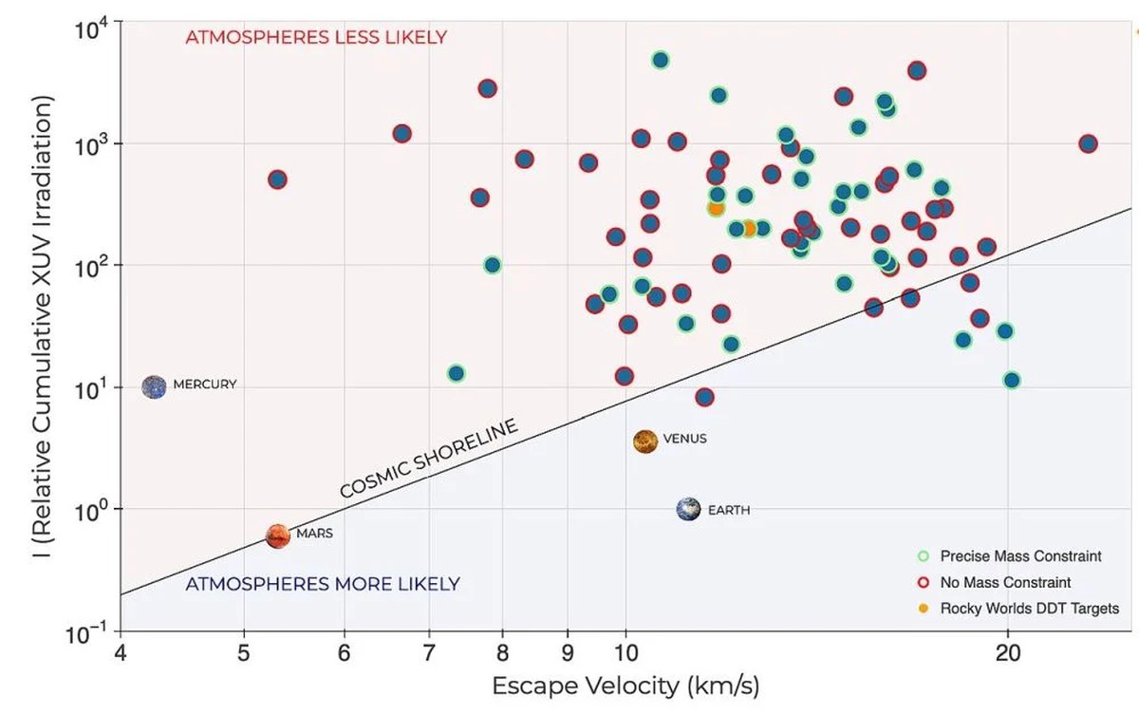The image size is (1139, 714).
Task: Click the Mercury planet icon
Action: (x=154, y=387)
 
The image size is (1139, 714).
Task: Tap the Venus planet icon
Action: (x=645, y=441)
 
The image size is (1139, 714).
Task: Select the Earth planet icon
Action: (x=688, y=509)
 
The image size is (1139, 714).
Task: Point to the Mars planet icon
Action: (x=278, y=536)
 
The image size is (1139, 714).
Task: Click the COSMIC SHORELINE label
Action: (x=429, y=458)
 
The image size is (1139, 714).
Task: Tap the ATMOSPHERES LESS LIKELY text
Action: (x=316, y=37)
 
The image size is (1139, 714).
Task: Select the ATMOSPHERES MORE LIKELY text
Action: (x=323, y=584)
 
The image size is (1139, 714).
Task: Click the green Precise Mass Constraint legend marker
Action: (x=924, y=555)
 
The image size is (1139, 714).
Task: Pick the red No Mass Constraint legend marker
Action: (x=924, y=582)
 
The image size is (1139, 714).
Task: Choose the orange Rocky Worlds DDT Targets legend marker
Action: (x=924, y=609)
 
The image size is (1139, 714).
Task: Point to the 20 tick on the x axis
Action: (x=1008, y=652)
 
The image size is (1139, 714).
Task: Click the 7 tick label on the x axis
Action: (x=429, y=652)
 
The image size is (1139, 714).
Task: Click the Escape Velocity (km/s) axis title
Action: (x=626, y=686)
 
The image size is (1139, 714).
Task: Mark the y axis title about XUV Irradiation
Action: (x=42, y=327)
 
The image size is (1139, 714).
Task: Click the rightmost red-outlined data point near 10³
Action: (x=1088, y=144)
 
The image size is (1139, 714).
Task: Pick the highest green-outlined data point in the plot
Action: (x=660, y=60)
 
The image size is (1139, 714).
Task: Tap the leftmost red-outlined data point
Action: (x=277, y=179)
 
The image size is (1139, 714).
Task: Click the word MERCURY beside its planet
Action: (x=205, y=385)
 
